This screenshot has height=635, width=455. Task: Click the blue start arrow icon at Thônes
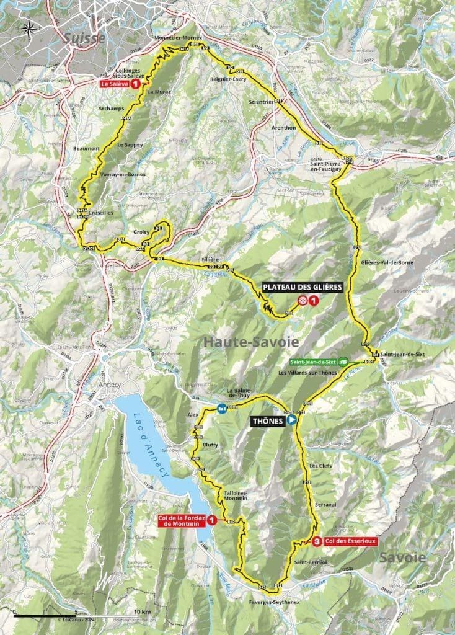292,420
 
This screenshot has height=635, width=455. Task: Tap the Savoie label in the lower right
404,557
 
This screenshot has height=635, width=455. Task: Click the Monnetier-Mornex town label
175,38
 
